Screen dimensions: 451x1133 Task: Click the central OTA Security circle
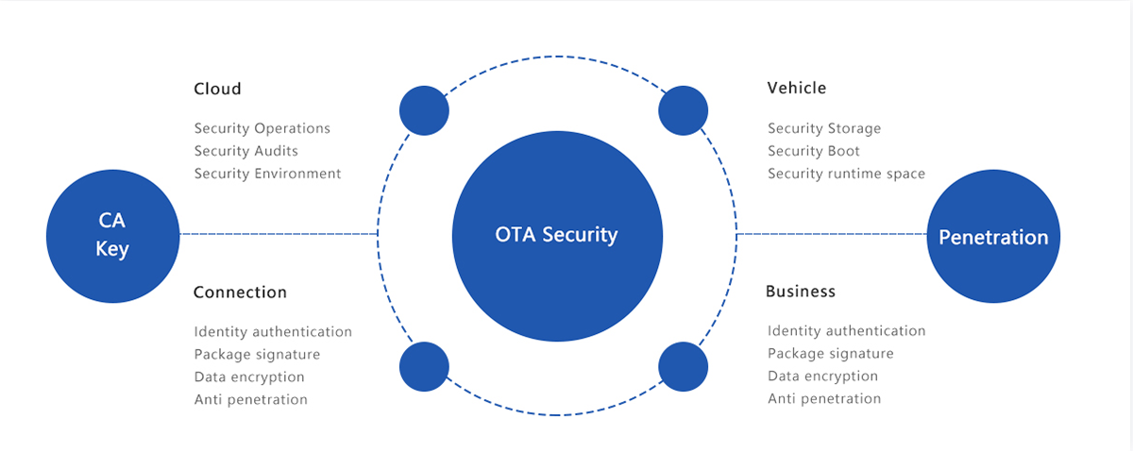coord(556,234)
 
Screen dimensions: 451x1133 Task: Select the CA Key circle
coord(113,236)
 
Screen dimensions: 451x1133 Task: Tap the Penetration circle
coord(993,237)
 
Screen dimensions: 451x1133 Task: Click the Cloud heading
coord(217,89)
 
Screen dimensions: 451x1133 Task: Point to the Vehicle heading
coord(796,88)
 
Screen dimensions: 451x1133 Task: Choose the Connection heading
coord(240,292)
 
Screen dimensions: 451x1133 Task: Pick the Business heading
coord(801,292)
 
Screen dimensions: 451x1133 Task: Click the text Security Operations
coord(262,128)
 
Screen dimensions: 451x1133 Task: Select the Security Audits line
coord(246,151)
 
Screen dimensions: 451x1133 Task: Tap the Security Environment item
coord(268,174)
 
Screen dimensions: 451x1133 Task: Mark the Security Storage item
coord(824,128)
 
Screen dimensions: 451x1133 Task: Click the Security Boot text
coord(814,151)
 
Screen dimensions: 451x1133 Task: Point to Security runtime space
coord(846,174)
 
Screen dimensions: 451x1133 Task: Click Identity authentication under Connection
coord(273,332)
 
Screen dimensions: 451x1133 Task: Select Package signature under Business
coord(831,354)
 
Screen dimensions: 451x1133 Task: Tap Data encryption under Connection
coord(249,377)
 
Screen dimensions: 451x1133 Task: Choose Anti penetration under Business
coord(824,399)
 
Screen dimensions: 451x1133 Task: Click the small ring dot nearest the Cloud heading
coord(424,110)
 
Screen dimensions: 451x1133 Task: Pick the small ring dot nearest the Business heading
coord(683,366)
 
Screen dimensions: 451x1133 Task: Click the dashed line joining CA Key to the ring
coord(279,233)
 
